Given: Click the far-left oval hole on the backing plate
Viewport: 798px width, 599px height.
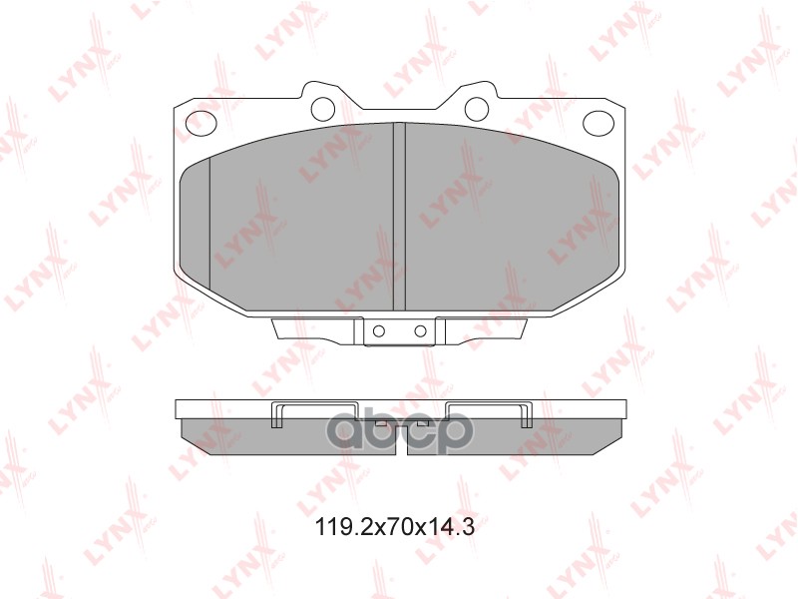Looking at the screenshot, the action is pyautogui.click(x=201, y=123).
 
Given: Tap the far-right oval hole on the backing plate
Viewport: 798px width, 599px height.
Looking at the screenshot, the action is pyautogui.click(x=598, y=123).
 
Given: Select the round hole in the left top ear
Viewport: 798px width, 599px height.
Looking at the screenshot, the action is pyautogui.click(x=322, y=108).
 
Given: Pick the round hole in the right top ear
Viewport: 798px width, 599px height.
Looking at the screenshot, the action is pyautogui.click(x=477, y=108).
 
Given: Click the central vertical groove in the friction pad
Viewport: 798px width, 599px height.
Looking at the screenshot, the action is pyautogui.click(x=400, y=217).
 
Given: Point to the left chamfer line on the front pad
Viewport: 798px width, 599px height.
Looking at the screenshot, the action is pyautogui.click(x=209, y=223).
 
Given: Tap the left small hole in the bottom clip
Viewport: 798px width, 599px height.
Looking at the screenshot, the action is pyautogui.click(x=379, y=331).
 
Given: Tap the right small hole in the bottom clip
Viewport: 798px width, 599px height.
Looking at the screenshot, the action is pyautogui.click(x=420, y=331).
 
